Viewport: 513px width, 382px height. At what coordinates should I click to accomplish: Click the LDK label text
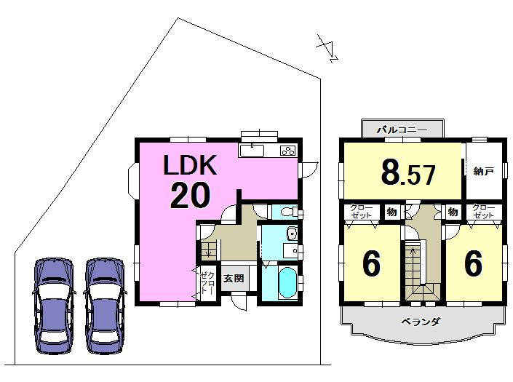point(189,166)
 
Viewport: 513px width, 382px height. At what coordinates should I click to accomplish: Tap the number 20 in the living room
point(191,195)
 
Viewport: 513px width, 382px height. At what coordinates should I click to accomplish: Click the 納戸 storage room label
point(483,172)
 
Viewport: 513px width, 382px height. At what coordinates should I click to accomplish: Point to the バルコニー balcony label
point(397,130)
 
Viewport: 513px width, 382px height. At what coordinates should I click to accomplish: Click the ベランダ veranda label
point(421,321)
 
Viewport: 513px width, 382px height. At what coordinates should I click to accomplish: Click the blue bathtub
point(283,282)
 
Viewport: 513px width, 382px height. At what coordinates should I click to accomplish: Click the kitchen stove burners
point(287,151)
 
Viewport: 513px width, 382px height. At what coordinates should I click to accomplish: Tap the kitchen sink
point(252,151)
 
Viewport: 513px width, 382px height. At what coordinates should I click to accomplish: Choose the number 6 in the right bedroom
point(473,264)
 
